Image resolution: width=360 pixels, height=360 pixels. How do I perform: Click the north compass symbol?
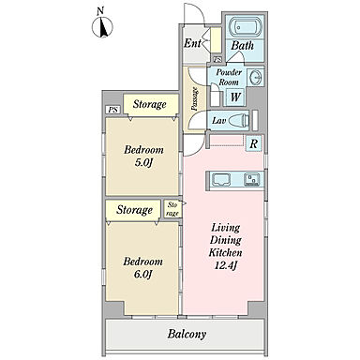point(102,26)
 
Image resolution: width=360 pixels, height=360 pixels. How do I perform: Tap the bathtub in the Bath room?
point(246,27)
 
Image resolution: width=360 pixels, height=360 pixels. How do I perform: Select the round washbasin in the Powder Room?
point(256,76)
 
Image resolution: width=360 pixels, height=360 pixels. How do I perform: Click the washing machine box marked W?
point(235,97)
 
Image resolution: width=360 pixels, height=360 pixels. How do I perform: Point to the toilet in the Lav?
point(240,120)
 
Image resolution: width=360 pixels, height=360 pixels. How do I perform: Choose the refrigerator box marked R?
point(254,143)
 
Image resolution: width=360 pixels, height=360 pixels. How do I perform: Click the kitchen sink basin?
point(252,179)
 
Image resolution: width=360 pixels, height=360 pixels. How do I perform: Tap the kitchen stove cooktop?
point(221,180)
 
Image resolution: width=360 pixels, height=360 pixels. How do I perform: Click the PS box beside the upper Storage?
point(113,110)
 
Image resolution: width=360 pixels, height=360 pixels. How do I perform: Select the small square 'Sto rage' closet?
point(172,209)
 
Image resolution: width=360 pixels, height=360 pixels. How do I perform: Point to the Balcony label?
point(187,334)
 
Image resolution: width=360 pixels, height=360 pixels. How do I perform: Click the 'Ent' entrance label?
point(191,43)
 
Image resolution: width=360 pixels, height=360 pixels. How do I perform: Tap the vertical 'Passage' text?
point(195,98)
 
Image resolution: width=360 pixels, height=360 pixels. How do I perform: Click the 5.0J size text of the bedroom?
point(143,163)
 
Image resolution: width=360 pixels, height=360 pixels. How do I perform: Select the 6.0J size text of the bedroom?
point(142,275)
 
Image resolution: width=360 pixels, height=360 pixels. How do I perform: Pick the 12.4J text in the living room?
point(226,265)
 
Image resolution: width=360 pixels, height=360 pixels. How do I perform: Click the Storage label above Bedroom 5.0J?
point(149,104)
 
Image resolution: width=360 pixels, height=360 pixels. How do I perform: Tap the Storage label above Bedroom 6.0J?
point(134,210)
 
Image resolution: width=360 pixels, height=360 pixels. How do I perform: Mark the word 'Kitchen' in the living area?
point(225,252)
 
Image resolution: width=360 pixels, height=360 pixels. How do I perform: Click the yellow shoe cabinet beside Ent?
point(216,40)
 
